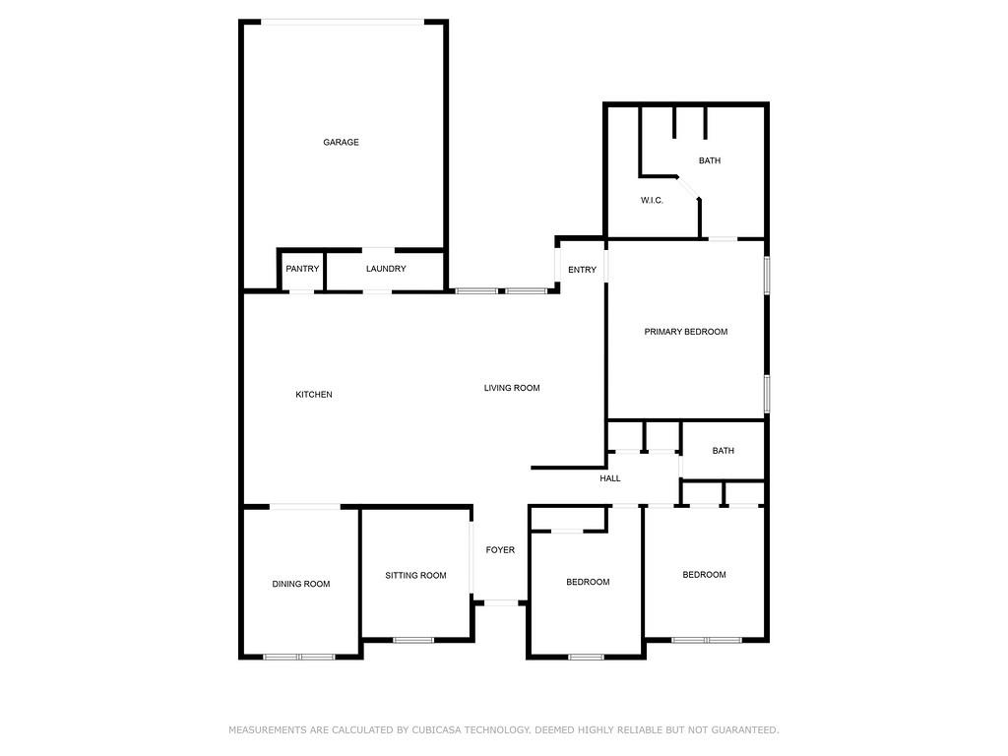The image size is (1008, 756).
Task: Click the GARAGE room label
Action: click(341, 142)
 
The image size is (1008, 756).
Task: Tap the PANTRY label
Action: click(302, 269)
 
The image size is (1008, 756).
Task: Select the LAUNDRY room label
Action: click(386, 269)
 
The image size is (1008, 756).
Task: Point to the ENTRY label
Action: click(582, 270)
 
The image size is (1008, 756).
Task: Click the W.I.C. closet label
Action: click(652, 200)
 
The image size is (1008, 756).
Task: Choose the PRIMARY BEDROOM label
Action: click(686, 332)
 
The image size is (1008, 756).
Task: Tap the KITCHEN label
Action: click(314, 395)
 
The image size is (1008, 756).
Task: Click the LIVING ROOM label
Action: click(512, 388)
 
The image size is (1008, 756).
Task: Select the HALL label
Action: click(610, 478)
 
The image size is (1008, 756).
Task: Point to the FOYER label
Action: click(500, 550)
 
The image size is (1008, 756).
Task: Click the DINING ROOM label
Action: click(301, 584)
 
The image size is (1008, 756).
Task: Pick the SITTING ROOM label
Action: click(415, 576)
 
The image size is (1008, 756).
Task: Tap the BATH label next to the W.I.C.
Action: click(710, 160)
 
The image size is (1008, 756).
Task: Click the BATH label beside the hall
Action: click(724, 451)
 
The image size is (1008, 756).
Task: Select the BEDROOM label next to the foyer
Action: click(588, 582)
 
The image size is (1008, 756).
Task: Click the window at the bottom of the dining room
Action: click(299, 657)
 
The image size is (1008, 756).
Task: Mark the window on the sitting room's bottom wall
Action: click(413, 640)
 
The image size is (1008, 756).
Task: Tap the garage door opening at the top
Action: click(344, 22)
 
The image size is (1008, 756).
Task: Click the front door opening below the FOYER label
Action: click(501, 602)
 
